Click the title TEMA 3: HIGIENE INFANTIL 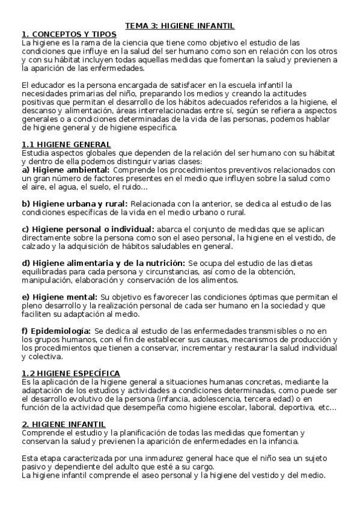tap(180, 26)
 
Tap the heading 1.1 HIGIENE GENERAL tap(66, 144)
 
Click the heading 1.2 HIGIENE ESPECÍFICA tap(70, 373)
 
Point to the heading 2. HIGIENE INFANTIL tap(63, 424)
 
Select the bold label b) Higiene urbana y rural tap(75, 204)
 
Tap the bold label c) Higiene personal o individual tap(88, 229)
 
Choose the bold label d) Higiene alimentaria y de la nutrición tap(103, 263)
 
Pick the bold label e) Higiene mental tap(59, 296)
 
